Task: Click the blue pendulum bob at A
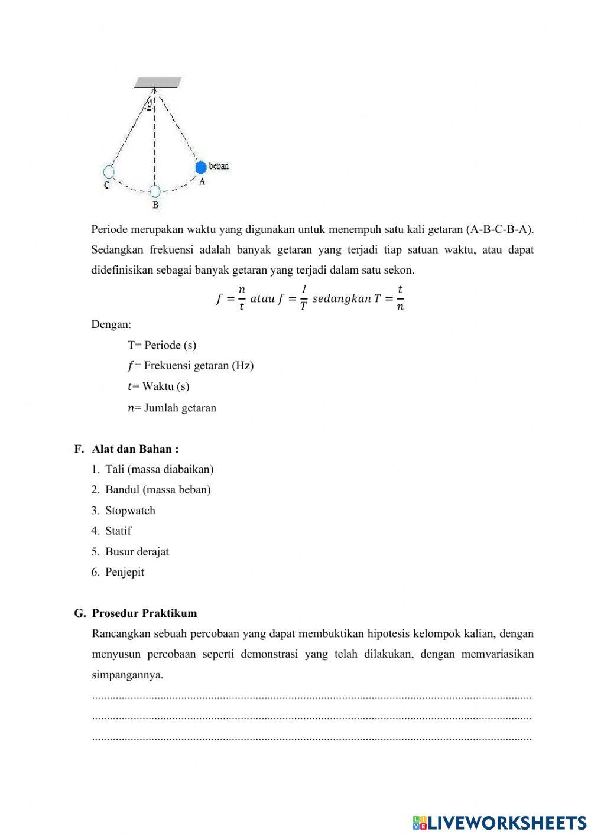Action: tap(201, 167)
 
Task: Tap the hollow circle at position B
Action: tap(155, 191)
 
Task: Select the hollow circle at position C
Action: tap(108, 172)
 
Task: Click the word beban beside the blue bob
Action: tap(219, 166)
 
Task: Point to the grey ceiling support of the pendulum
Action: tap(157, 82)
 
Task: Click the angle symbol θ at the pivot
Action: tap(150, 103)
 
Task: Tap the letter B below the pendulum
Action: tap(155, 205)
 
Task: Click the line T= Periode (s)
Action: tap(162, 345)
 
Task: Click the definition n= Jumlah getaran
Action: tap(172, 408)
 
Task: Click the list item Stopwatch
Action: tap(130, 511)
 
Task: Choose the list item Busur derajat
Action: tap(137, 552)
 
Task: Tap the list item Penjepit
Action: tap(125, 572)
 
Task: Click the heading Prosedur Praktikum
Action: tap(145, 613)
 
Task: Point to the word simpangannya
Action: tap(128, 675)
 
